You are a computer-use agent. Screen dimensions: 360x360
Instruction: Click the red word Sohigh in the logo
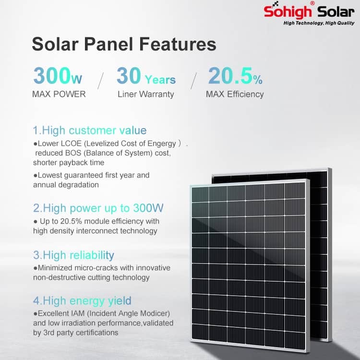pyautogui.click(x=288, y=11)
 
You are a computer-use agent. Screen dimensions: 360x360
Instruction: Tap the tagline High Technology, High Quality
pyautogui.click(x=319, y=23)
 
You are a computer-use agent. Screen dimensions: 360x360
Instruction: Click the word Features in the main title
pyautogui.click(x=178, y=44)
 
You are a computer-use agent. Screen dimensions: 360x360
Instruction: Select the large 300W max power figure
pyautogui.click(x=58, y=75)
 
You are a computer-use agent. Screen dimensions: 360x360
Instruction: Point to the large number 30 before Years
pyautogui.click(x=129, y=75)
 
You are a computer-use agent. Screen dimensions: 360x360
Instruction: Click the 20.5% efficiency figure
pyautogui.click(x=235, y=75)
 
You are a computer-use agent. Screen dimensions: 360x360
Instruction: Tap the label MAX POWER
pyautogui.click(x=59, y=94)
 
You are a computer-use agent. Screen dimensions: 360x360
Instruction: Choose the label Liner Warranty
pyautogui.click(x=146, y=94)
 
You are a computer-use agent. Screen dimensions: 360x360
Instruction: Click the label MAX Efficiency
pyautogui.click(x=235, y=94)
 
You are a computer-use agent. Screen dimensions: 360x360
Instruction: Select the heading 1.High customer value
pyautogui.click(x=90, y=131)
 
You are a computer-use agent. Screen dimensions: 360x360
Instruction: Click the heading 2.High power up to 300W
pyautogui.click(x=98, y=208)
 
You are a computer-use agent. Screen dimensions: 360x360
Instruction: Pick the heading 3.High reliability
pyautogui.click(x=73, y=255)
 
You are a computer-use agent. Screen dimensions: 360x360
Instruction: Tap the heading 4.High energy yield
pyautogui.click(x=82, y=301)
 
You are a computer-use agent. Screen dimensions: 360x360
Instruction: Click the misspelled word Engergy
pyautogui.click(x=162, y=144)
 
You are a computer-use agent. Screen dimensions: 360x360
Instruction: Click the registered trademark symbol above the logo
pyautogui.click(x=312, y=3)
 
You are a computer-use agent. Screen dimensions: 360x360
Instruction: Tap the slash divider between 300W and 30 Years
pyautogui.click(x=101, y=81)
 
